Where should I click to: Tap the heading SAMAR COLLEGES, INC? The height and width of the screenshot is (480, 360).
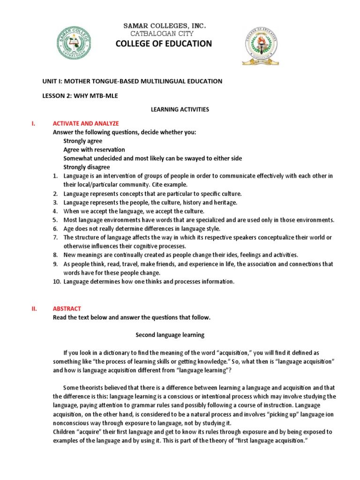coord(164,25)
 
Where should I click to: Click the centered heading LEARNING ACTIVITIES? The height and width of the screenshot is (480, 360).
coord(179,109)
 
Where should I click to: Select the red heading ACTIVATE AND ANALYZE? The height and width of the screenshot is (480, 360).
coord(86,123)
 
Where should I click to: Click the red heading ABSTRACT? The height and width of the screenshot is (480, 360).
coord(67,308)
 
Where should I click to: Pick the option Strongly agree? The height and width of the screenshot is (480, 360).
coord(83,141)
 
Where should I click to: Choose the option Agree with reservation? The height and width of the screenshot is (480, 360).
coord(94,150)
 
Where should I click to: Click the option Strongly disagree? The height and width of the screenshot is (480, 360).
coord(87,167)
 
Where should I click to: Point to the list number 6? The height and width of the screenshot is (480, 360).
coord(55,228)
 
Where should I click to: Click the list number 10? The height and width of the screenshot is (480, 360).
coord(56,281)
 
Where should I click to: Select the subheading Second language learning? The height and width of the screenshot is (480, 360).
coord(170,335)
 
